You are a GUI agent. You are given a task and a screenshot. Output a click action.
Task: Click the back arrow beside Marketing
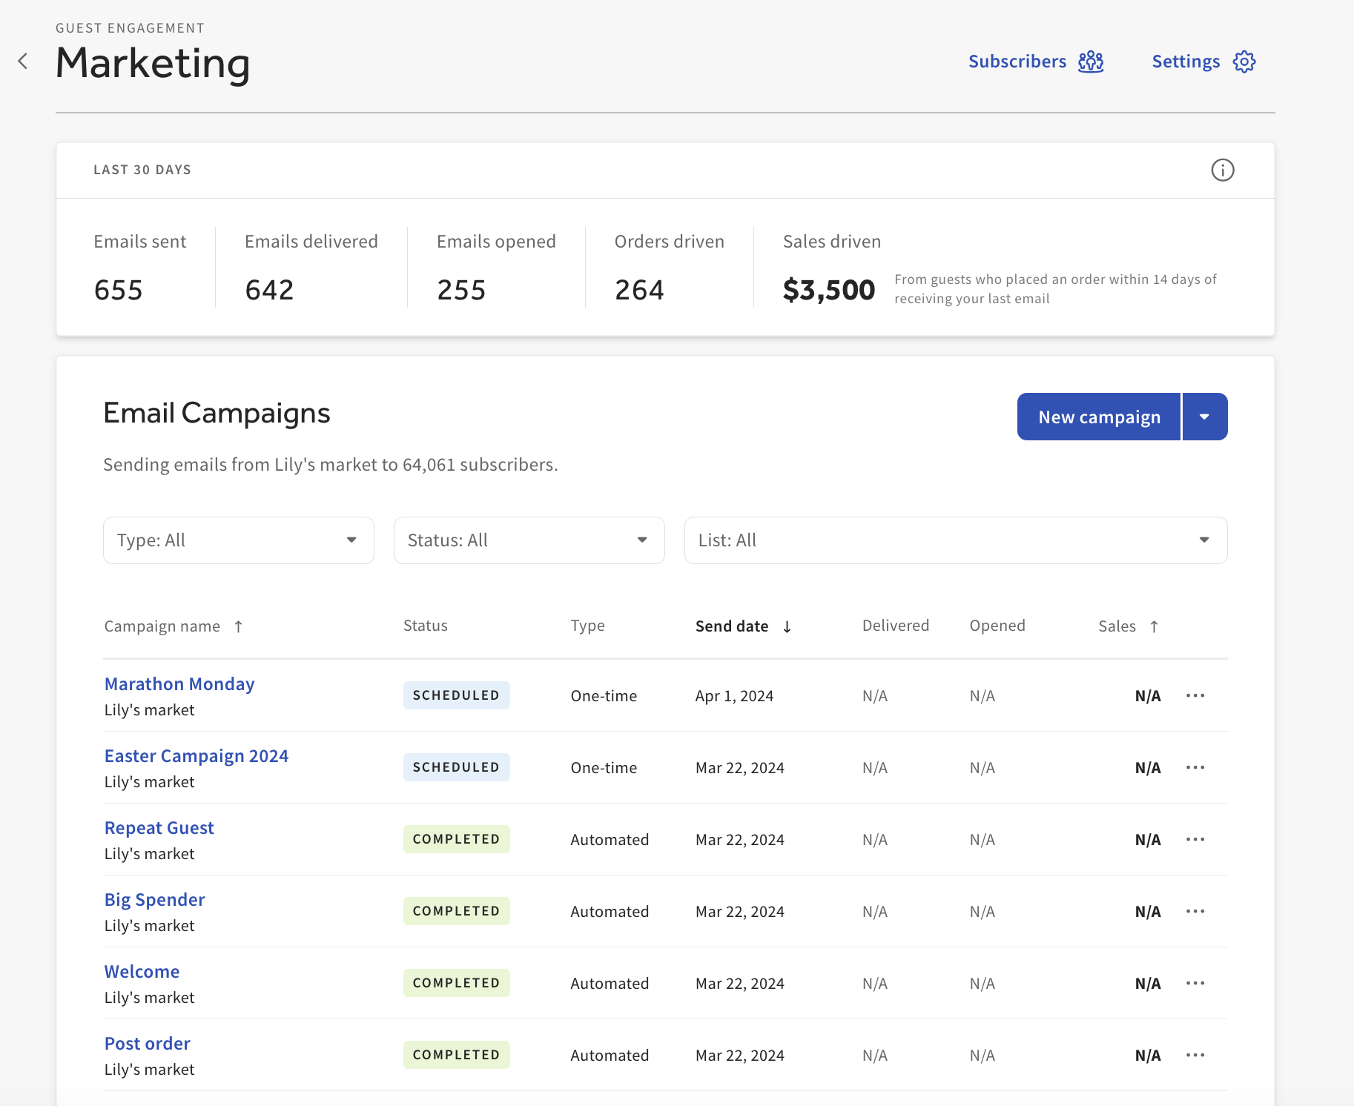click(x=23, y=62)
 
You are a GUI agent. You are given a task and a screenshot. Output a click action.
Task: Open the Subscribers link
click(x=1017, y=62)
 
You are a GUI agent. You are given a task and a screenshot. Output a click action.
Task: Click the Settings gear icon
click(x=1244, y=62)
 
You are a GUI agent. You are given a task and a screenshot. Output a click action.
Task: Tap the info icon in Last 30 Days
click(x=1222, y=170)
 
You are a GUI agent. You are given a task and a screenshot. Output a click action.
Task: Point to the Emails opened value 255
click(x=461, y=290)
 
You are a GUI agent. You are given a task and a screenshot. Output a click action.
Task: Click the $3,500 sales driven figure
click(x=828, y=290)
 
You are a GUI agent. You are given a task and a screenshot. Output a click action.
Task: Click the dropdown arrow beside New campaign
click(x=1204, y=417)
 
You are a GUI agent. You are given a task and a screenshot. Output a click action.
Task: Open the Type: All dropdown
click(x=238, y=540)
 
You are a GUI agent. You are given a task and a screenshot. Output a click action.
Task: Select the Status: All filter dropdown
click(x=529, y=540)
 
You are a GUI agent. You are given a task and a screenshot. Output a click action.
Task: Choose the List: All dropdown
click(x=955, y=540)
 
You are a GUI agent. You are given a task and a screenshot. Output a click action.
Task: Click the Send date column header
click(x=732, y=626)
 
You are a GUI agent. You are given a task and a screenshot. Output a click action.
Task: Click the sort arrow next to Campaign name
click(x=238, y=626)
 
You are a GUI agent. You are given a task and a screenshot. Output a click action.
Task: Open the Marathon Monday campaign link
click(x=179, y=683)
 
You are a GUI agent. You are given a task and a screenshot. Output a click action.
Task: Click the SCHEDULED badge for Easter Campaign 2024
click(x=456, y=767)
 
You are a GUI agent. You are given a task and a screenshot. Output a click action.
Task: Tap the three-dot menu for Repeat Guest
click(x=1195, y=839)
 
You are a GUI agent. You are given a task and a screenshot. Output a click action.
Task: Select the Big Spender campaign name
click(x=154, y=899)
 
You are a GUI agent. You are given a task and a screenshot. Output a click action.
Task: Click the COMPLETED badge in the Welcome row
click(x=456, y=983)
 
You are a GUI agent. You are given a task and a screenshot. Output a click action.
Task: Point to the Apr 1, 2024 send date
click(x=734, y=696)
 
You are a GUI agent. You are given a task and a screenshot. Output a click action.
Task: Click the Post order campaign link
click(x=147, y=1043)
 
